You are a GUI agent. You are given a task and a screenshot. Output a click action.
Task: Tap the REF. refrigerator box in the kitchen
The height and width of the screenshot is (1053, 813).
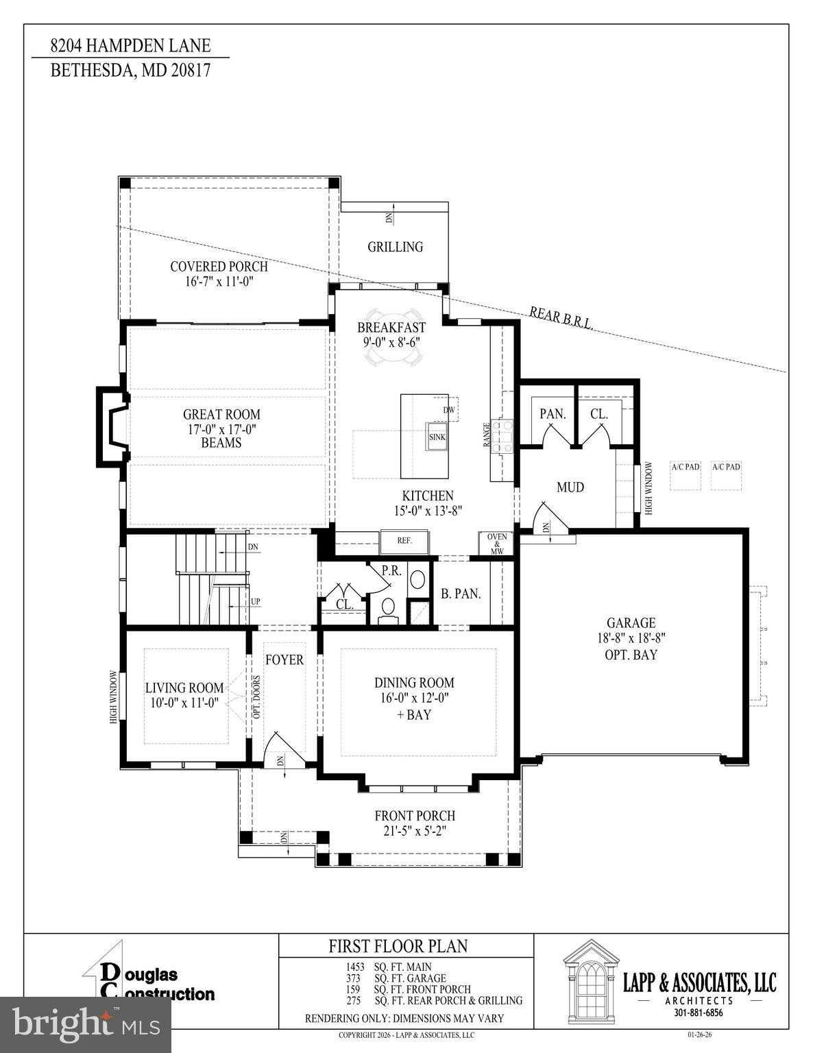[404, 541]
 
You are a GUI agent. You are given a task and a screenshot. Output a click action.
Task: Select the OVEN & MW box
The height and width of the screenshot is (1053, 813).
[497, 542]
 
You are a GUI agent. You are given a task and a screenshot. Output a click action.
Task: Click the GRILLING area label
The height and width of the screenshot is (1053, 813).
[395, 247]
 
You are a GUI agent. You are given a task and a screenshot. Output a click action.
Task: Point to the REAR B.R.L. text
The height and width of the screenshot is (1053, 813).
[561, 322]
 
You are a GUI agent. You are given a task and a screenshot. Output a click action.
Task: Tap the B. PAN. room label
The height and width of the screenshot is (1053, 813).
[461, 594]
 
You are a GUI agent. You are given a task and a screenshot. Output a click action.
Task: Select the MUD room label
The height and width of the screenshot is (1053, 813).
[570, 487]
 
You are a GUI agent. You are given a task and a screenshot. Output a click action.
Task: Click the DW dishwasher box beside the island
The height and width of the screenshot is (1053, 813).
[449, 410]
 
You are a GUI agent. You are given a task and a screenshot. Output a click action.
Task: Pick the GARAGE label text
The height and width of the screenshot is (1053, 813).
[631, 622]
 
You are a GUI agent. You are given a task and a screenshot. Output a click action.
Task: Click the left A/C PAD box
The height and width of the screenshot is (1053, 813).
[685, 474]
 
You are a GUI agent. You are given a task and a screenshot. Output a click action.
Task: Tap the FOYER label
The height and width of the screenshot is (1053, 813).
[284, 660]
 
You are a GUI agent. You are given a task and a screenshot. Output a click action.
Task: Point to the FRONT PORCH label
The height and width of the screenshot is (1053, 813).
[415, 816]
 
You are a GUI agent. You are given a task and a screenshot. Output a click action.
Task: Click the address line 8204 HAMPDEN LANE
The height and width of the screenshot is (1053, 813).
[130, 47]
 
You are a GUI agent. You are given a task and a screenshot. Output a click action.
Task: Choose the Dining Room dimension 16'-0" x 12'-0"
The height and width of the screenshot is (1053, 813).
[414, 699]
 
